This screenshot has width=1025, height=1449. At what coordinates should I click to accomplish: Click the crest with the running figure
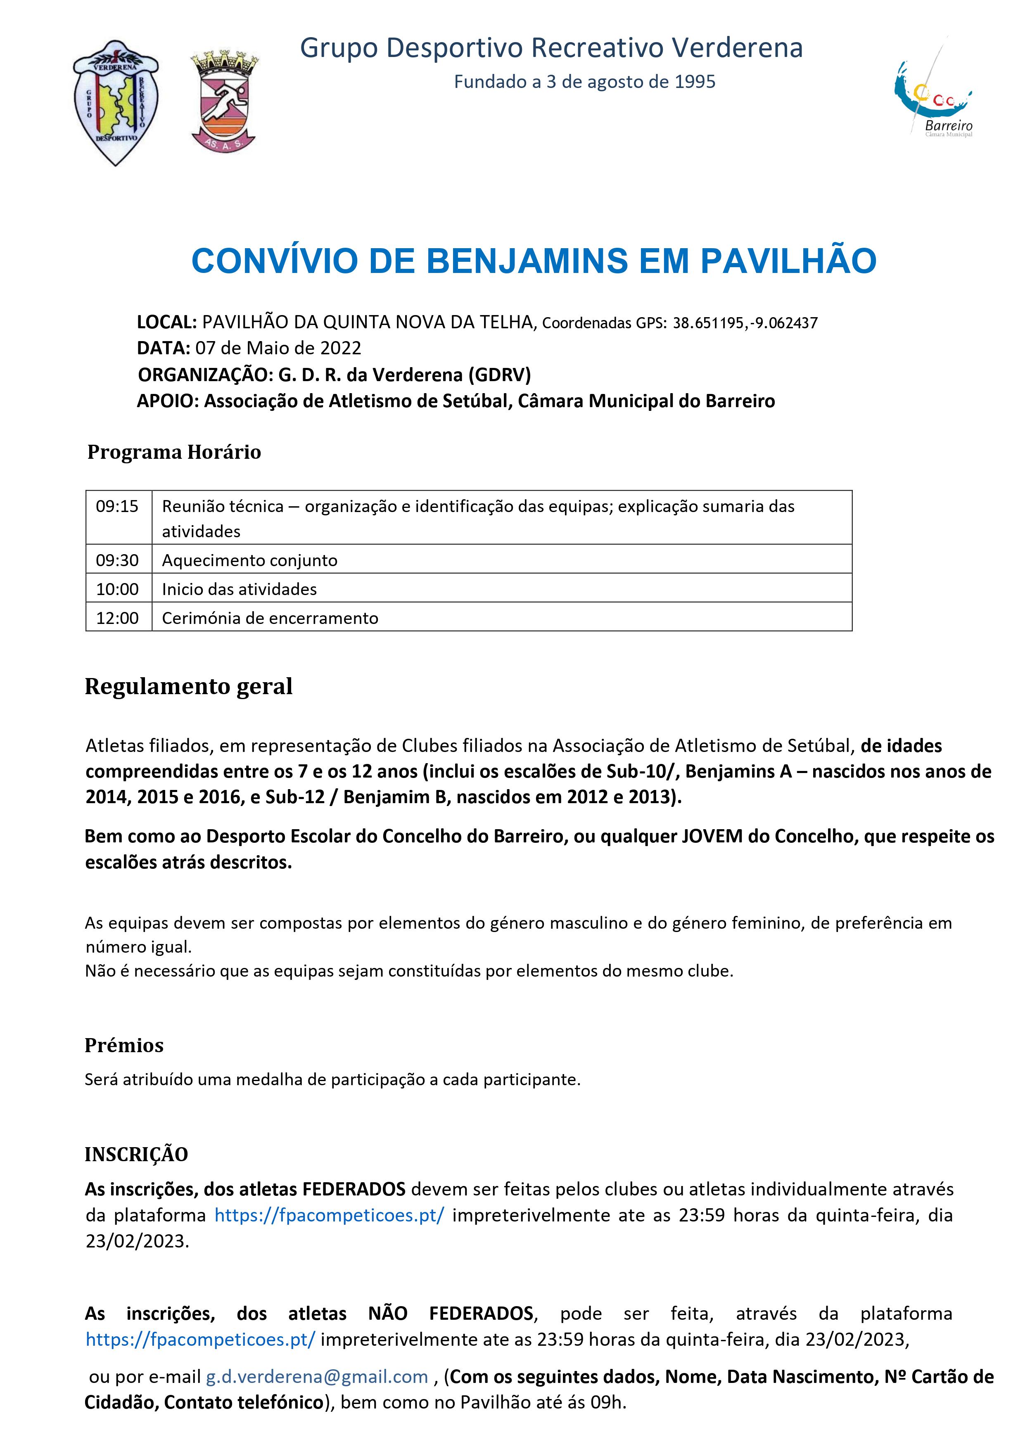(x=224, y=102)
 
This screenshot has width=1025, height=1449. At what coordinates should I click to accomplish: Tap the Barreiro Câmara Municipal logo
(x=933, y=95)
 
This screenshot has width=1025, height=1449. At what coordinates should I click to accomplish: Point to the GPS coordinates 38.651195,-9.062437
(x=745, y=323)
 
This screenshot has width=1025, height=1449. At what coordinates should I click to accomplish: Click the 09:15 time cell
(x=117, y=506)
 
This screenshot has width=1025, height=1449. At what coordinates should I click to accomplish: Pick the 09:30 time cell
(x=117, y=560)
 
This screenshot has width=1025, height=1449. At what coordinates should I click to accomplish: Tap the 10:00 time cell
(x=117, y=589)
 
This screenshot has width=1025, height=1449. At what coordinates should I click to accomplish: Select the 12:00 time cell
(x=117, y=618)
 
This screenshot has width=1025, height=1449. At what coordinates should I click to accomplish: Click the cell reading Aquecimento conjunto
(x=250, y=560)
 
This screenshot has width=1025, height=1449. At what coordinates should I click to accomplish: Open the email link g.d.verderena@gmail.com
(x=317, y=1376)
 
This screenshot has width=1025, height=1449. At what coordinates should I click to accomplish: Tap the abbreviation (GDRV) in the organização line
(x=499, y=375)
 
